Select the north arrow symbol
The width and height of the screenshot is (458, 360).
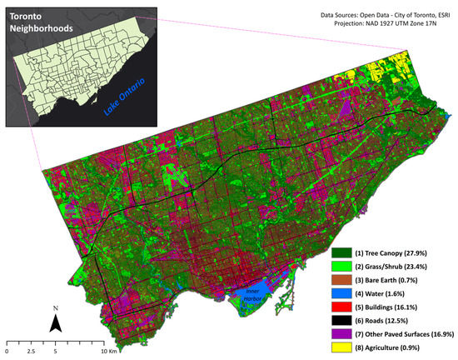[55, 323]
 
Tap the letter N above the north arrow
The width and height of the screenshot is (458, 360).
[55, 308]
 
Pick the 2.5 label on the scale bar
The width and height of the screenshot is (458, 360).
[31, 352]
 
